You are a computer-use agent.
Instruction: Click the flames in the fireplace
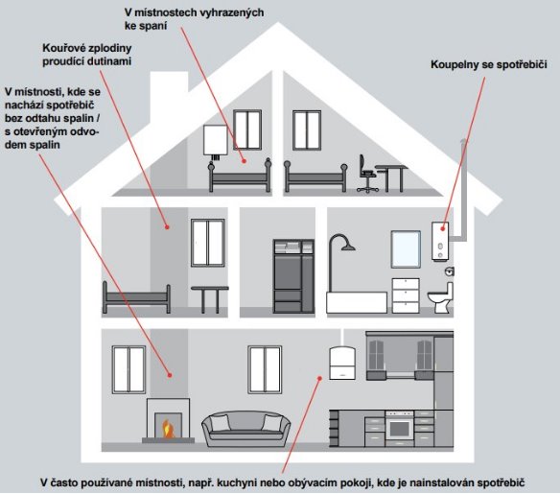pos(167,429)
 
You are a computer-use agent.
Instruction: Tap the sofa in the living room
pos(246,429)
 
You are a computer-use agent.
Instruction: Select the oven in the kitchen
pos(399,428)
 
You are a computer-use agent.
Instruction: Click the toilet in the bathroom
pos(441,297)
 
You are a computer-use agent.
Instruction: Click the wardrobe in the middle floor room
pos(293,276)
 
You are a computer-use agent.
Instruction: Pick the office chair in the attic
pos(367,174)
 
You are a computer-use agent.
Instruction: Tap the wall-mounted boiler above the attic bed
pos(216,141)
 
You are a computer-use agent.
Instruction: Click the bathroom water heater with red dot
pos(440,241)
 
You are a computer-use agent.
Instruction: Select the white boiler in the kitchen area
pos(342,363)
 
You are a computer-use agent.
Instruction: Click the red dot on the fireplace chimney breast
pos(170,375)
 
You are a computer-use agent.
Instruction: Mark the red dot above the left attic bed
pos(245,161)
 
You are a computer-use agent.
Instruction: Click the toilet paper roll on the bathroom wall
pos(450,271)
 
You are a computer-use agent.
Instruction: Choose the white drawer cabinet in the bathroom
pos(406,295)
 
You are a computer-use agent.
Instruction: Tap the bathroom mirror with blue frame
pos(406,249)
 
